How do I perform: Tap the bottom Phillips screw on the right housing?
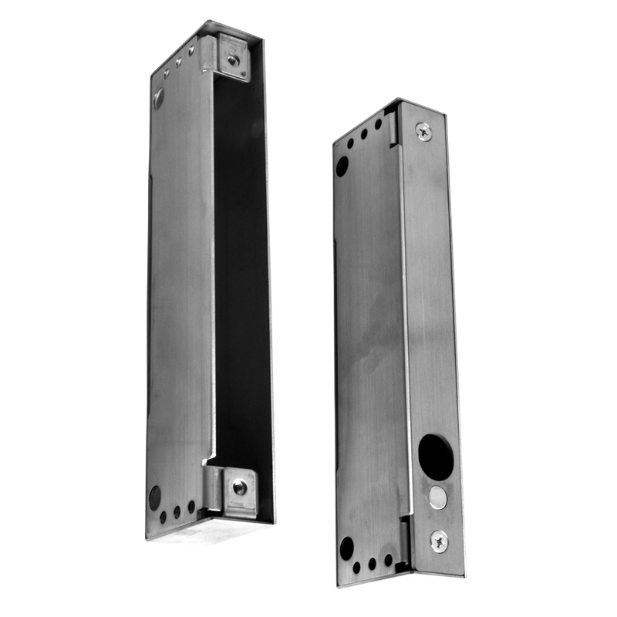(x=438, y=543)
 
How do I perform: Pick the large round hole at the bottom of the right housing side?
(x=346, y=548)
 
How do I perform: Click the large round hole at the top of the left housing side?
(x=159, y=96)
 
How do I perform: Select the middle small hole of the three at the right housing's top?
(x=364, y=133)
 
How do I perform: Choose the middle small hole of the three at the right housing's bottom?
(x=373, y=563)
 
